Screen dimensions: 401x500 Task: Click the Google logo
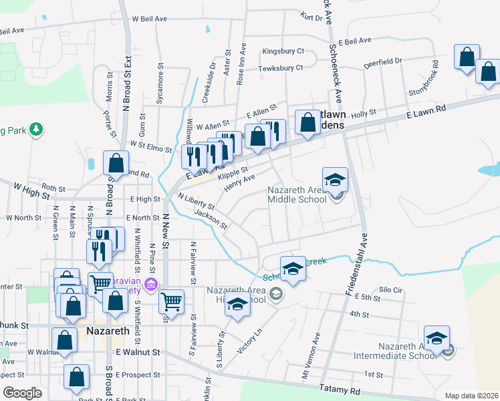point(22,393)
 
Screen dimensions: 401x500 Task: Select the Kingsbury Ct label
point(283,51)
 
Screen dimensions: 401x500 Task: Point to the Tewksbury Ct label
point(281,68)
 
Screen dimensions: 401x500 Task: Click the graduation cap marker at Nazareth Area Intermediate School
point(436,338)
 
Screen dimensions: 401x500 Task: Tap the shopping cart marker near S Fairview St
point(172,301)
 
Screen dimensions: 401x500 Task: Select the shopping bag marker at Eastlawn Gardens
point(307,122)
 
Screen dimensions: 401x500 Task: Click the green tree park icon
point(37,128)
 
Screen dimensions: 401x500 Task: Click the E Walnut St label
point(138,352)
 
